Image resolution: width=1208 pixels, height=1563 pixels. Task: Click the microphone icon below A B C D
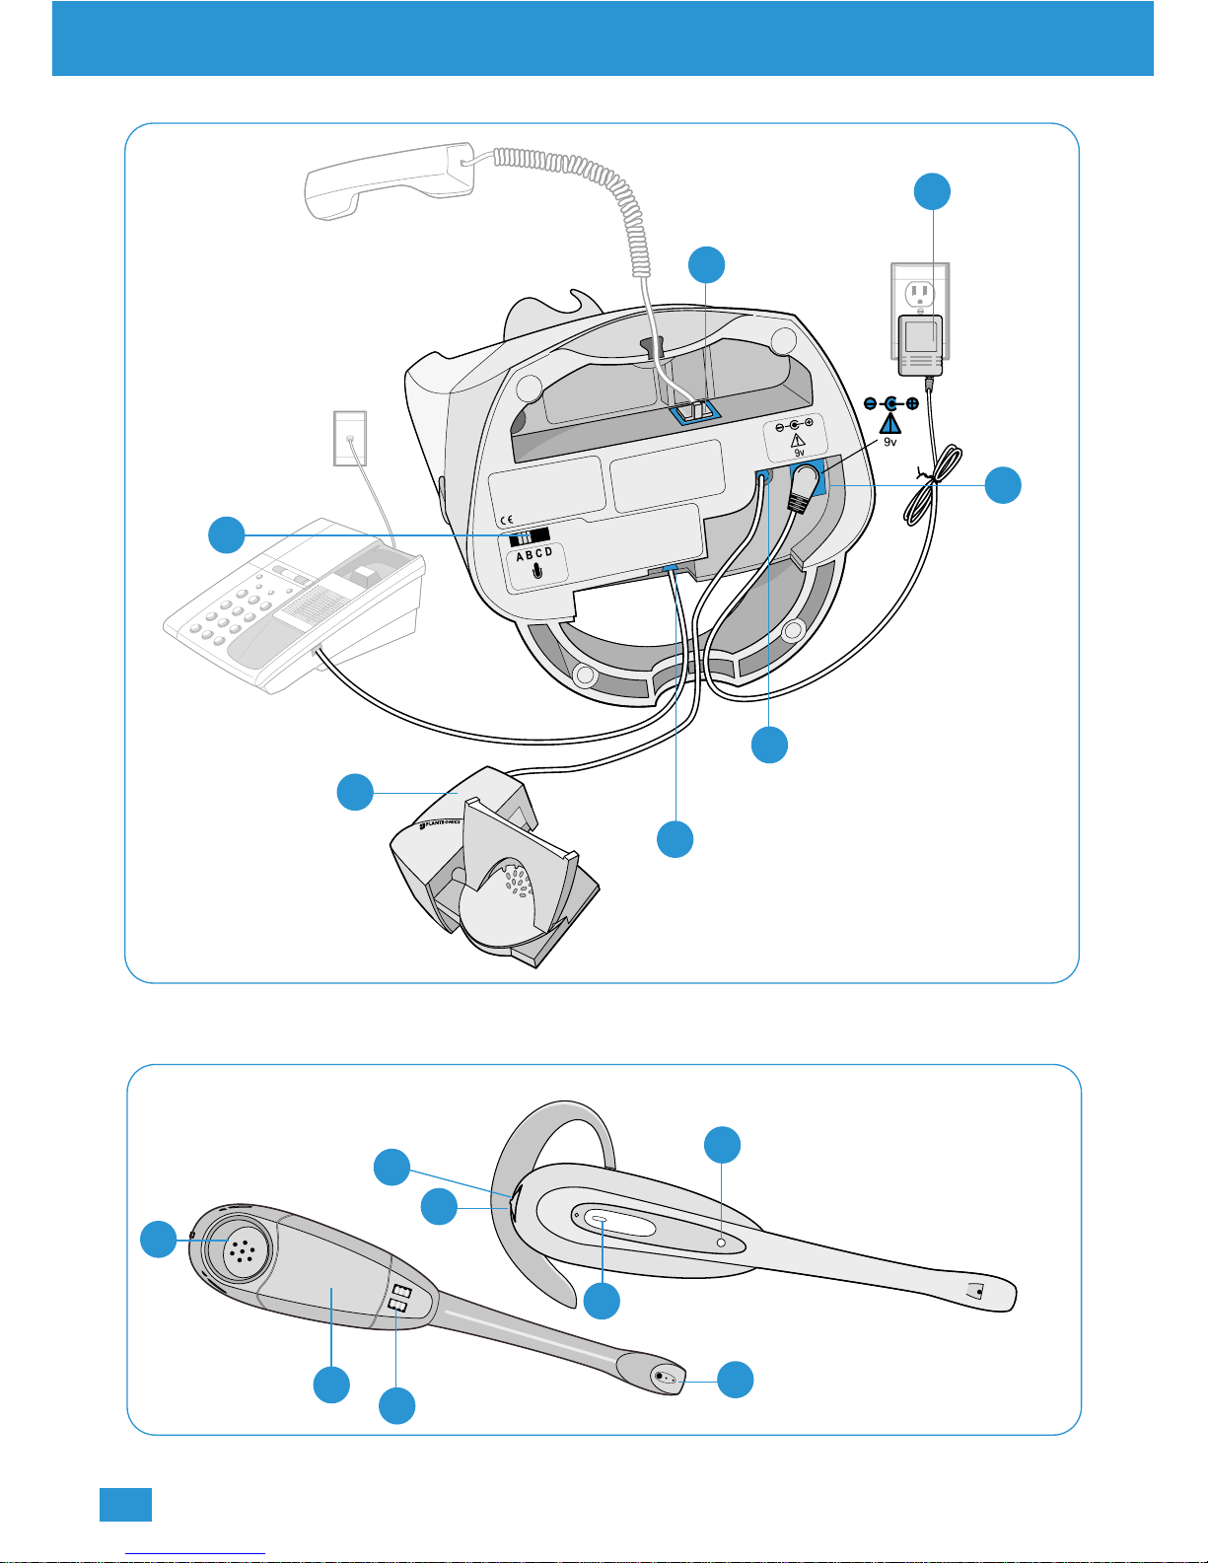tap(535, 571)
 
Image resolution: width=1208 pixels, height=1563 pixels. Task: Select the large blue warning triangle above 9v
tap(890, 424)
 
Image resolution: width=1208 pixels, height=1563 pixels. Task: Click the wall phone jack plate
tap(350, 438)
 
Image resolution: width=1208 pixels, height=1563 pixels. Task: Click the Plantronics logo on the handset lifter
tap(440, 824)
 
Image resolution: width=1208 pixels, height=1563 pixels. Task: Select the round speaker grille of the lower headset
tap(237, 1248)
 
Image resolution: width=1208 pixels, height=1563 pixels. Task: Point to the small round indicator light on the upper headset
tap(721, 1243)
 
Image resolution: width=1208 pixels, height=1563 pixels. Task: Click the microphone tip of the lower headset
tap(667, 1378)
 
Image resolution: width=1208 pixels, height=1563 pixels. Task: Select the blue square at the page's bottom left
tap(125, 1505)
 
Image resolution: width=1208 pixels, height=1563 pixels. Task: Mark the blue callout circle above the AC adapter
tap(932, 191)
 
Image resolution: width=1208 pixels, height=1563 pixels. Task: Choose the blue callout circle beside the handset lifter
tap(355, 792)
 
